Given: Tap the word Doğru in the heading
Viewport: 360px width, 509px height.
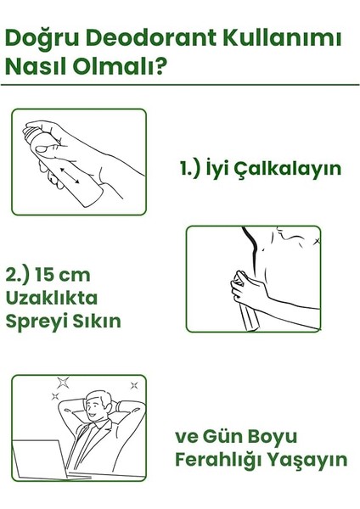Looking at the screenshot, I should point(42,39).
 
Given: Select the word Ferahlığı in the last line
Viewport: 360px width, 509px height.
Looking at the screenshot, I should point(222,460).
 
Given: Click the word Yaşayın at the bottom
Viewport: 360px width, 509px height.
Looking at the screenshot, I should point(309,460).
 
